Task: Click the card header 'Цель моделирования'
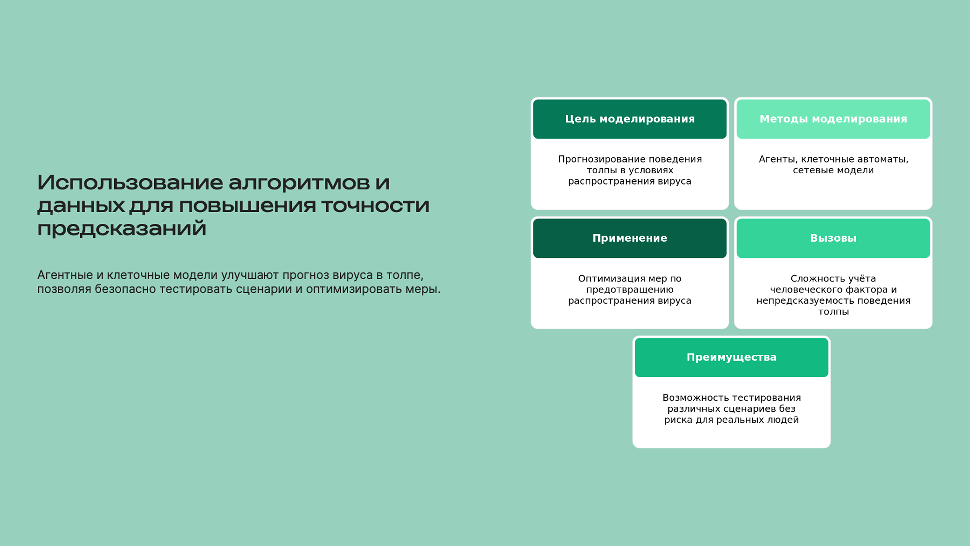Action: [x=630, y=119]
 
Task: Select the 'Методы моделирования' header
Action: [x=833, y=119]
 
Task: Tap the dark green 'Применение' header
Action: [x=630, y=238]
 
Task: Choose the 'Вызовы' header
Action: [x=833, y=238]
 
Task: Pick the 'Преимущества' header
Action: [x=731, y=357]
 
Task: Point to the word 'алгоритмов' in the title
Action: [x=299, y=183]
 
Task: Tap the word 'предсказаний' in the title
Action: [x=122, y=229]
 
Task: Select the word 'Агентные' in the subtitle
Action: [x=65, y=275]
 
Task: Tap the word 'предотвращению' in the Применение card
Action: [x=630, y=290]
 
